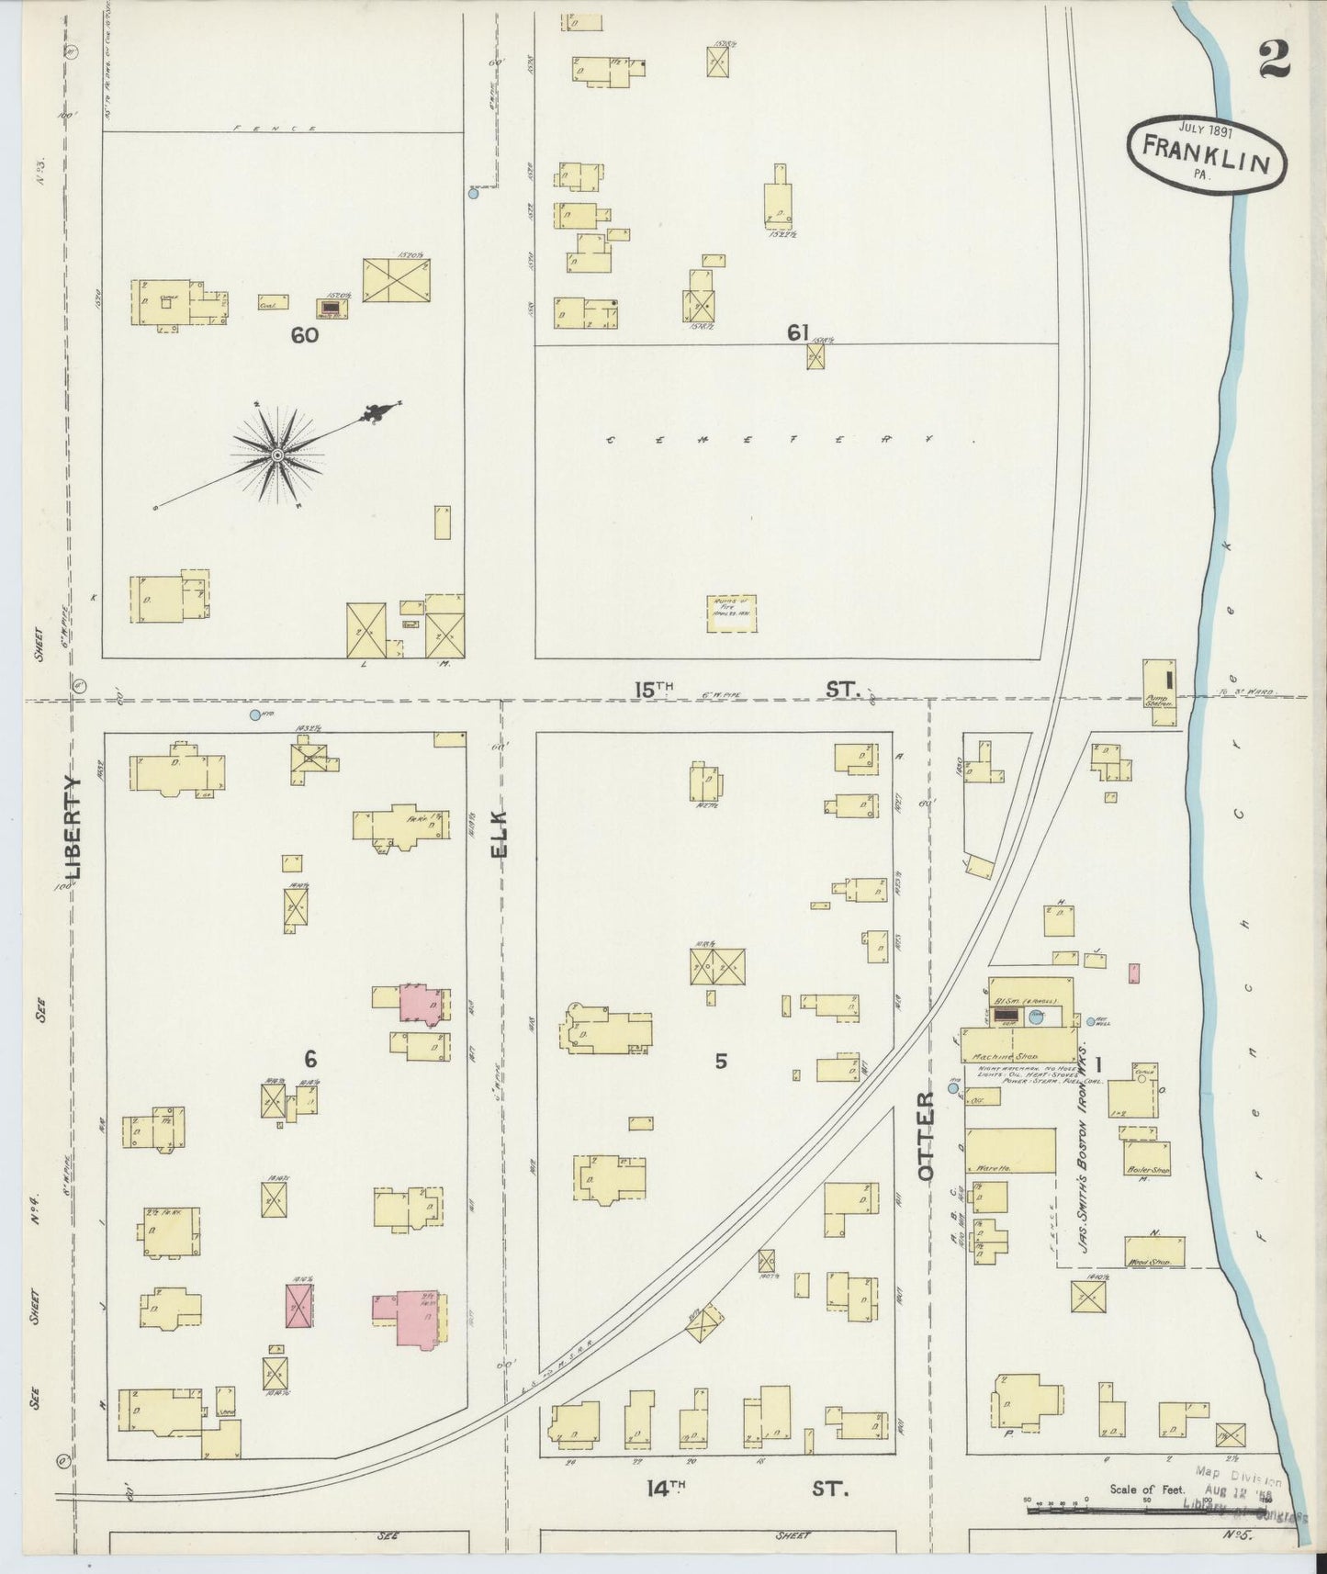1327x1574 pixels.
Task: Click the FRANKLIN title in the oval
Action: coord(1206,152)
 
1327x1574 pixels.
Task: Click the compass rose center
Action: coord(276,455)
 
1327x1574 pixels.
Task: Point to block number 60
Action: coord(304,335)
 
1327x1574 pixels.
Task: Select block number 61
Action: coord(797,332)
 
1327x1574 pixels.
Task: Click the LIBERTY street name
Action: coord(74,827)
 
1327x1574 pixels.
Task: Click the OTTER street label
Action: coord(926,1135)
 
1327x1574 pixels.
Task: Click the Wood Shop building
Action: coord(1154,1252)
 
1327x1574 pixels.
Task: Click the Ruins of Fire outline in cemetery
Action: coord(732,613)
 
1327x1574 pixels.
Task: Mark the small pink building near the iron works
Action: coord(1133,973)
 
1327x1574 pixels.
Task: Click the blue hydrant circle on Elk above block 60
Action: coord(473,194)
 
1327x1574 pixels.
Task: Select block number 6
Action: coord(310,1060)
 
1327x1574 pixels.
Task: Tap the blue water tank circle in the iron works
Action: coord(1036,1017)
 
